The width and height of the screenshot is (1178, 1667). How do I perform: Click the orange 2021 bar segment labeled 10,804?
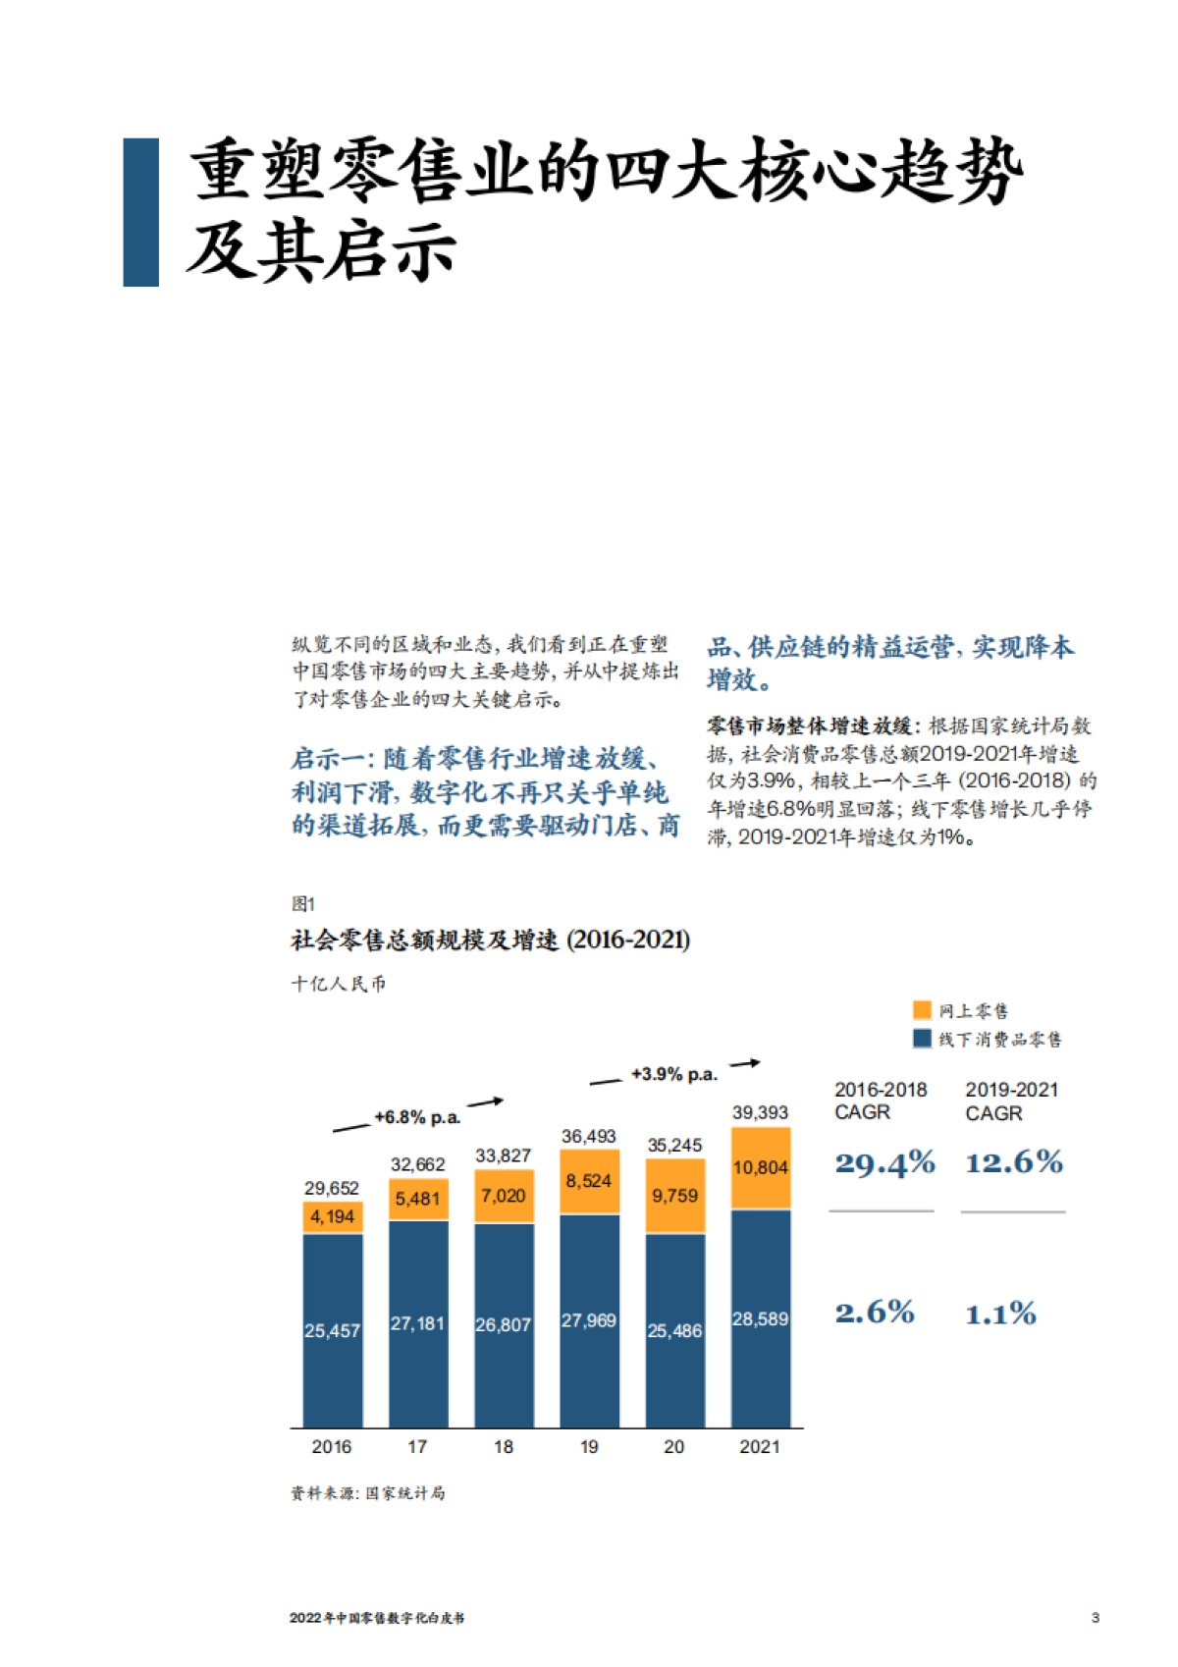(x=760, y=1168)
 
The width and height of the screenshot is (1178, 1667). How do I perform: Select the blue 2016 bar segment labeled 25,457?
(x=332, y=1330)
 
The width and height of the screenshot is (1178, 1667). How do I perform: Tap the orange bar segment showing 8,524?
(x=589, y=1181)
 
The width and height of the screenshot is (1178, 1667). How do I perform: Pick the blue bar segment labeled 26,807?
(x=504, y=1324)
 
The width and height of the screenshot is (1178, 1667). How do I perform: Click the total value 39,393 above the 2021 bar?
(x=760, y=1112)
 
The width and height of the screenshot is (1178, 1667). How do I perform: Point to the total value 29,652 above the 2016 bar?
(x=332, y=1188)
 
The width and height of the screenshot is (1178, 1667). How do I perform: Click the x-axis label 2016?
(x=332, y=1446)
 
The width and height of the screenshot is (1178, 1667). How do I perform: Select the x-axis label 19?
(x=589, y=1446)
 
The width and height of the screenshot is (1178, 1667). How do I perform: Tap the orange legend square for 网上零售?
(x=922, y=1010)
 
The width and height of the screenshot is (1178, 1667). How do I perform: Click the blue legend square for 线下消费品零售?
(x=922, y=1039)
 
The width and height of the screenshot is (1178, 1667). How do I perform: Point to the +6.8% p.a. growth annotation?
(x=417, y=1117)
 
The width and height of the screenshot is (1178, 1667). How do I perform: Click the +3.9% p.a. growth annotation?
(x=673, y=1074)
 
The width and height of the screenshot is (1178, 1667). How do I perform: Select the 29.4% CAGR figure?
(x=884, y=1163)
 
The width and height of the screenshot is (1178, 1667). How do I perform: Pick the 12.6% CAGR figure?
(x=1014, y=1163)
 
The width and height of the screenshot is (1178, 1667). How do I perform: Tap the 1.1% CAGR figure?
(x=1000, y=1314)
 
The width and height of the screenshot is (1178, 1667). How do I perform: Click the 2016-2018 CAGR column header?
(x=881, y=1101)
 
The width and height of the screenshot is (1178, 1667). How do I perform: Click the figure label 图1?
(x=303, y=903)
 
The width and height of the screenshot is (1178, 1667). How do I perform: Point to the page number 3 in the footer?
(x=1096, y=1618)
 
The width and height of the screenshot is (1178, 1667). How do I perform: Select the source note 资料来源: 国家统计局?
(x=368, y=1493)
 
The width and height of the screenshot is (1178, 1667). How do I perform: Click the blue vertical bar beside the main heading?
(x=141, y=212)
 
